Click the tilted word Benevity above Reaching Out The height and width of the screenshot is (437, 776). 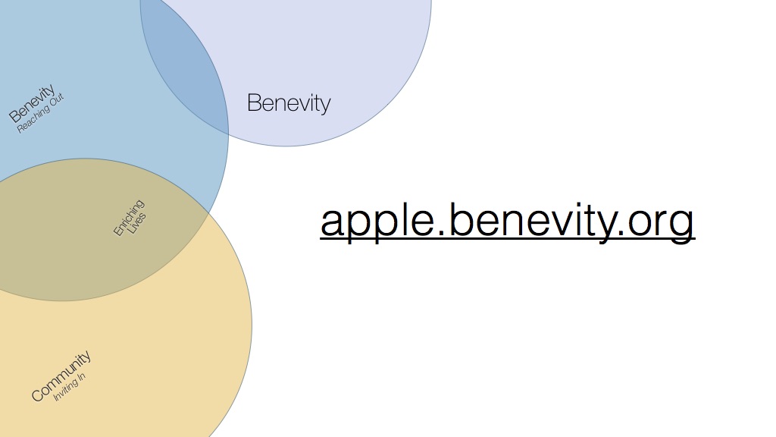point(32,103)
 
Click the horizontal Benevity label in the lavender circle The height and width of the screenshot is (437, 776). point(289,103)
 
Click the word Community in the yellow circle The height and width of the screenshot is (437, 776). point(61,376)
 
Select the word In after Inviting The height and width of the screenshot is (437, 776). point(82,376)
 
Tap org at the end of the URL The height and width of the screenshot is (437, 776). point(661,224)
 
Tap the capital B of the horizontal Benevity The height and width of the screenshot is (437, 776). point(253,102)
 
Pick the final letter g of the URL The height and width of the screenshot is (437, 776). point(682,225)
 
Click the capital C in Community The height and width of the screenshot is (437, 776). point(38,395)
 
